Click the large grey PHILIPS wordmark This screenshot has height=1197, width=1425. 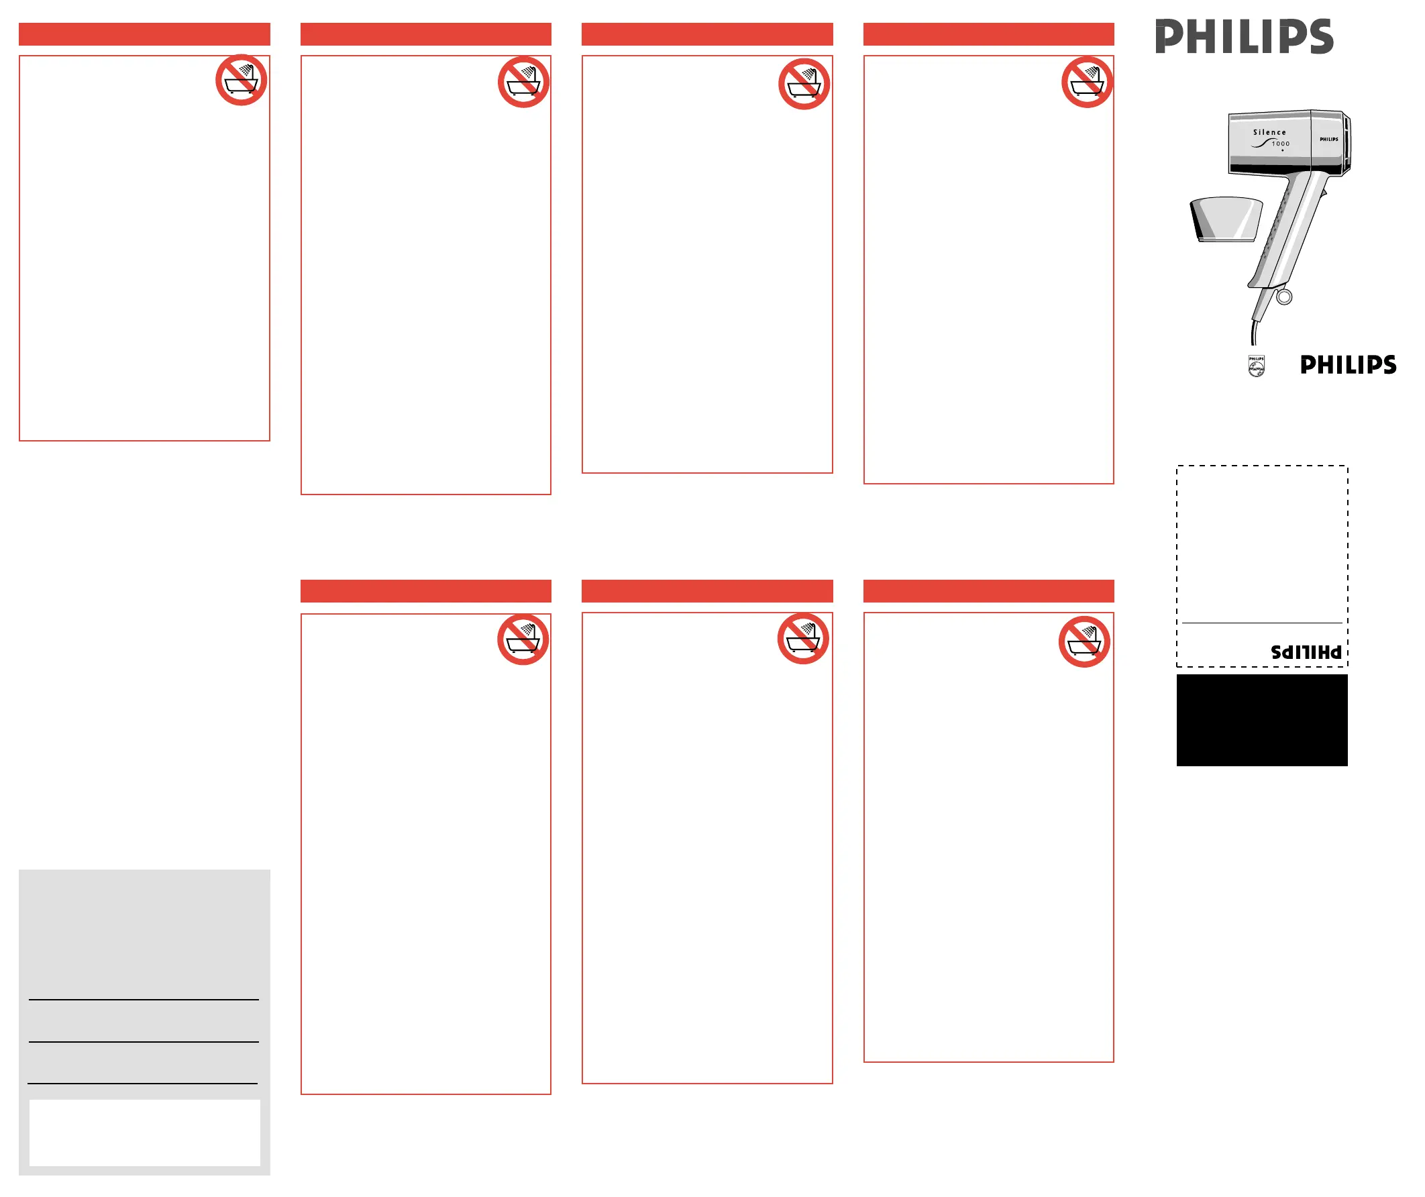1244,37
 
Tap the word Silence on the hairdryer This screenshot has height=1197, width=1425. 1269,132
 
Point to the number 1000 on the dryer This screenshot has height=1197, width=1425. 1281,144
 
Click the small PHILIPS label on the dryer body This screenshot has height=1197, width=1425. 1328,139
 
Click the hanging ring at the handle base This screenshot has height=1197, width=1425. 1285,297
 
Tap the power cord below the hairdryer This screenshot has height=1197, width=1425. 1255,332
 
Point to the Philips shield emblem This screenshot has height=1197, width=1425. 1257,366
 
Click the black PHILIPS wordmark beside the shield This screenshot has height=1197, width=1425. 1349,365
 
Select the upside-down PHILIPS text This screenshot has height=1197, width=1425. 1306,652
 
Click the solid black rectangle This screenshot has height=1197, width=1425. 1262,721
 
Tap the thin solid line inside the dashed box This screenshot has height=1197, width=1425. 1262,623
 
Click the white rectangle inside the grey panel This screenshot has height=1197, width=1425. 144,1133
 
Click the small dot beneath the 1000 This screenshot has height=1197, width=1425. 1283,151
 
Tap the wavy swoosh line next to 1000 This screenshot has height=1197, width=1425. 1261,144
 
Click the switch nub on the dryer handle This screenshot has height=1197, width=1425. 1323,195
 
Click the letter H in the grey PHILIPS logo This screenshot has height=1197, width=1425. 1201,37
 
